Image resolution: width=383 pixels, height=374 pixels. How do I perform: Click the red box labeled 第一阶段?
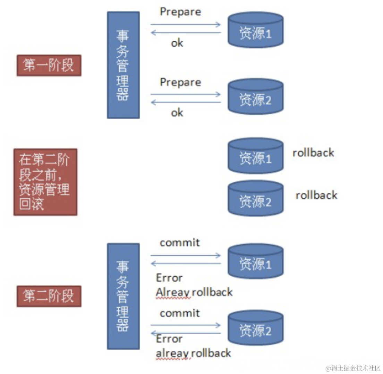(x=49, y=65)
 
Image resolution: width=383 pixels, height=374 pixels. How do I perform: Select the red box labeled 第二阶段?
(x=49, y=296)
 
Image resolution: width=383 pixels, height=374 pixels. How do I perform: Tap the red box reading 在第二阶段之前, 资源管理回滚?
(x=45, y=182)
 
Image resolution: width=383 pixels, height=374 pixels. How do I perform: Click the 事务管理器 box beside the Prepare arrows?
(x=123, y=65)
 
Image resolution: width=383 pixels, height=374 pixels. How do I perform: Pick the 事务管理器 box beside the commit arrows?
(x=123, y=296)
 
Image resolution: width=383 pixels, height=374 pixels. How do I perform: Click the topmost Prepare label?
(x=180, y=11)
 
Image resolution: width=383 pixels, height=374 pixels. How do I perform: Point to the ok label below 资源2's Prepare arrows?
(x=177, y=113)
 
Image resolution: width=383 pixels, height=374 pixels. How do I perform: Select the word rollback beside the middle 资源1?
(x=313, y=153)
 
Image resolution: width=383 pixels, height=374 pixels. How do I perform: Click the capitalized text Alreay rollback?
(x=194, y=292)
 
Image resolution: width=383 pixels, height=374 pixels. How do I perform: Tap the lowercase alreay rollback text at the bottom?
(x=193, y=353)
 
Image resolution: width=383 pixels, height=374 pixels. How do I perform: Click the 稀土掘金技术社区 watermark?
(x=353, y=368)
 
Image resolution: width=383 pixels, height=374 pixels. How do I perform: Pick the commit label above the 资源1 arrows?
(x=180, y=242)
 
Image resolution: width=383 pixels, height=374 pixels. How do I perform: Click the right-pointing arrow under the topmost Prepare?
(x=186, y=24)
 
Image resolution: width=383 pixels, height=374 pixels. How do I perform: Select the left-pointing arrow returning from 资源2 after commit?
(x=186, y=333)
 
